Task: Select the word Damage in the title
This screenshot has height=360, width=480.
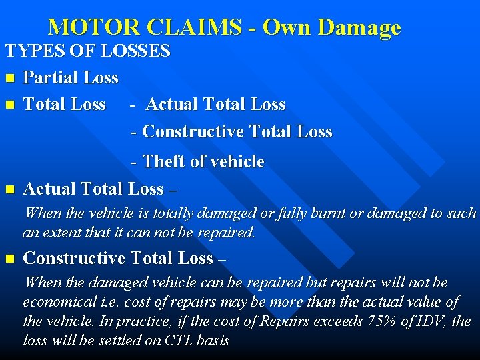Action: (360, 27)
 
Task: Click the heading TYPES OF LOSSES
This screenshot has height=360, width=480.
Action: (88, 51)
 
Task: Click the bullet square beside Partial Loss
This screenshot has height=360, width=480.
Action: (9, 79)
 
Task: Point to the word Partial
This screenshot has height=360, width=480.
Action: (51, 78)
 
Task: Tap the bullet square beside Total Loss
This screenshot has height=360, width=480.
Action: (9, 105)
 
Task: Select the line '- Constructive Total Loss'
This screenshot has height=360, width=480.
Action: (232, 132)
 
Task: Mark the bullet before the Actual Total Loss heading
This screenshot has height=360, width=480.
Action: (9, 190)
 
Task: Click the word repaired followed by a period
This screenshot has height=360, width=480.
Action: (224, 233)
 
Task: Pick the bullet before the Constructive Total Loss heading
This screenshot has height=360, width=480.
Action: (9, 259)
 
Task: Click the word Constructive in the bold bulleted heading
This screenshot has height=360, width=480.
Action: (74, 258)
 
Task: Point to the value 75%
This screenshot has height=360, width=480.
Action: (382, 321)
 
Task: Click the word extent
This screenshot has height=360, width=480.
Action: (65, 233)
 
